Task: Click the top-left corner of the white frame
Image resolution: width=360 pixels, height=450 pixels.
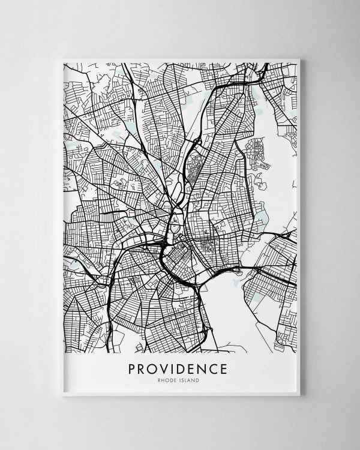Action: pos(62,59)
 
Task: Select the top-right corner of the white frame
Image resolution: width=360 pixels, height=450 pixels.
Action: pos(300,59)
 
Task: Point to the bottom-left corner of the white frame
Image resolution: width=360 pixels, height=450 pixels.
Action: pos(62,396)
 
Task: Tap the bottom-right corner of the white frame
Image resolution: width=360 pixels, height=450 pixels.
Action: pos(300,396)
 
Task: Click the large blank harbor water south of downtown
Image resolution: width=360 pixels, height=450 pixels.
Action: pos(231,312)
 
